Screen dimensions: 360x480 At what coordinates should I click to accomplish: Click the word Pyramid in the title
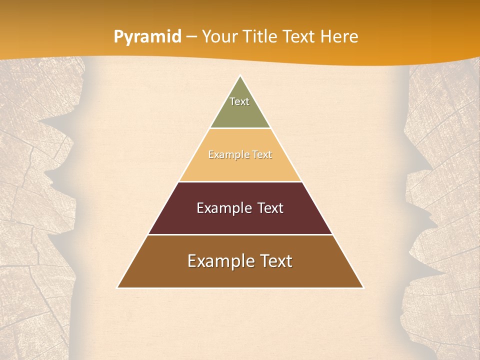147,37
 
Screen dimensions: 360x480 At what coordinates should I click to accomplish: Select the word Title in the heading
260,36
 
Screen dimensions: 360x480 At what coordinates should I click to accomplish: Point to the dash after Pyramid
191,37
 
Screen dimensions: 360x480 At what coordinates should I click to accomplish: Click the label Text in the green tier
239,101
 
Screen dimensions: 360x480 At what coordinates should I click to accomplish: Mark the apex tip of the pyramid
240,76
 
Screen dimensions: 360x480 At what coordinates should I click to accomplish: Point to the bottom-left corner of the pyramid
118,287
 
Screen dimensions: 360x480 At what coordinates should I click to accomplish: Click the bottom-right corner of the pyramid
363,287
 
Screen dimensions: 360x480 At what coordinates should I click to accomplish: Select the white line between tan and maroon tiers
240,181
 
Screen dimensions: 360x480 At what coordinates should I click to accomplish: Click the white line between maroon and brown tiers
240,234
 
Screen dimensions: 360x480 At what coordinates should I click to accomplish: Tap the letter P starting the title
118,36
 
